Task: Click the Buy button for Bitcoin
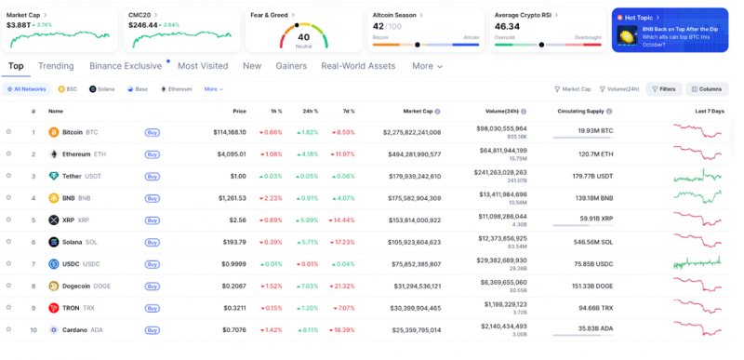point(152,132)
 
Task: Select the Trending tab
point(56,66)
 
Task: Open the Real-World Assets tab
point(358,66)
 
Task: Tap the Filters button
point(663,89)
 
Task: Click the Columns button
point(707,89)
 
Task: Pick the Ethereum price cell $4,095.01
point(227,154)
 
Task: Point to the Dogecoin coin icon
point(54,286)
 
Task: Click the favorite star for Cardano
point(8,329)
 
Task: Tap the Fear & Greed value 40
point(303,37)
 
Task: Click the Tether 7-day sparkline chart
point(697,176)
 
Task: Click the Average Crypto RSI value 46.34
point(507,27)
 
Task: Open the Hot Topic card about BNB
point(670,30)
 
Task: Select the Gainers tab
point(291,66)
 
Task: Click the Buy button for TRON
point(152,307)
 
